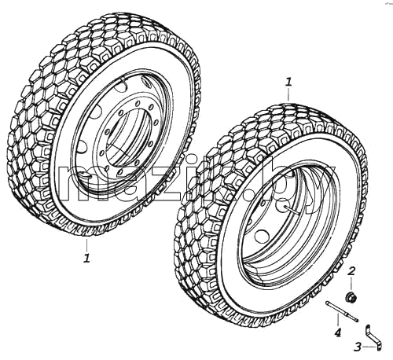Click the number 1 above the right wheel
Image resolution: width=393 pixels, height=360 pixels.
coord(288,82)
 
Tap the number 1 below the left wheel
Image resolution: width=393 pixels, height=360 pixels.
coord(86,258)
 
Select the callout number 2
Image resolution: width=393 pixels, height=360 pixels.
coord(351,271)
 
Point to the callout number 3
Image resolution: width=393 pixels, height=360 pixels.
coord(358,347)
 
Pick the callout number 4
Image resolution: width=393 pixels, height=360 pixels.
coord(338,332)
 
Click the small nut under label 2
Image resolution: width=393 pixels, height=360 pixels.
coord(351,298)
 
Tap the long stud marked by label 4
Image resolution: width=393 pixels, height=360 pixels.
coord(342,311)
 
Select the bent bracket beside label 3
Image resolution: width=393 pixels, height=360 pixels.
coord(373,337)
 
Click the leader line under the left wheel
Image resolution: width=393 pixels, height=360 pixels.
coord(86,245)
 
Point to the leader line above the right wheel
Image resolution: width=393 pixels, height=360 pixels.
coord(288,94)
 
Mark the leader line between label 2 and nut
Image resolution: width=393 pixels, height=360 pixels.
coord(351,285)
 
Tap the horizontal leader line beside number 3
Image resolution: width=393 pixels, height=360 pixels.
coord(369,347)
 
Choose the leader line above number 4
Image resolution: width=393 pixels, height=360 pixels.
coord(338,321)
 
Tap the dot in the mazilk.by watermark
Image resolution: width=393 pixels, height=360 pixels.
coord(249,195)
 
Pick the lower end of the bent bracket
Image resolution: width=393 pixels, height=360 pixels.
coord(379,347)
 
